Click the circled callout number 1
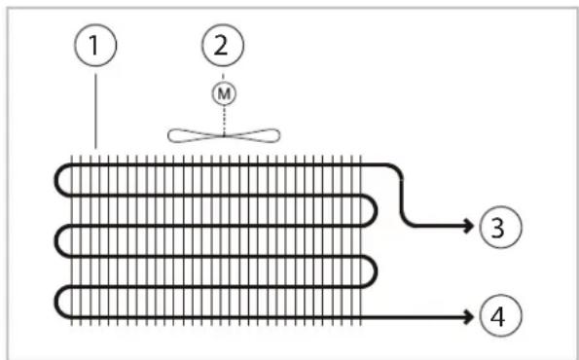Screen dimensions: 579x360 click(x=95, y=46)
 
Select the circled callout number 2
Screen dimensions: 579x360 click(x=223, y=46)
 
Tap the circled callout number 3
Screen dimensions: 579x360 click(x=500, y=227)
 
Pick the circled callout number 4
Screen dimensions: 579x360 click(x=500, y=315)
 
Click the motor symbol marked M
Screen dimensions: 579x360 click(x=224, y=93)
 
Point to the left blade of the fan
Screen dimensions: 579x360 click(x=196, y=135)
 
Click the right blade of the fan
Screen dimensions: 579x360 click(x=252, y=135)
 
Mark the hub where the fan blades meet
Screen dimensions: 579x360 click(x=224, y=136)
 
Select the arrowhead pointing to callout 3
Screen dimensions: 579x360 click(x=469, y=226)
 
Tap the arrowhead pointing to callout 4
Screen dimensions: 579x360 click(x=469, y=317)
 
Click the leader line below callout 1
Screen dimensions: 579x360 click(x=96, y=111)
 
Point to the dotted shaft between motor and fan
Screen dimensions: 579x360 click(x=224, y=120)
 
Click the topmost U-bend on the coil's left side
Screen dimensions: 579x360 click(x=56, y=180)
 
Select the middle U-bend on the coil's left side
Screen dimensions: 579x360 click(x=56, y=240)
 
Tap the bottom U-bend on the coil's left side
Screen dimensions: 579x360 click(x=56, y=302)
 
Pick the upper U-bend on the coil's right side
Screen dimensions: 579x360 click(x=375, y=210)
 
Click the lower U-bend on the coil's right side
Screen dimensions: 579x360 click(x=375, y=271)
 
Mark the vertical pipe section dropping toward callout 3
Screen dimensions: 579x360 click(x=402, y=198)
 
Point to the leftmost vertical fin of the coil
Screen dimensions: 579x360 click(x=72, y=240)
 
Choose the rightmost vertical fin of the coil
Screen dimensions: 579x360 click(x=360, y=240)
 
